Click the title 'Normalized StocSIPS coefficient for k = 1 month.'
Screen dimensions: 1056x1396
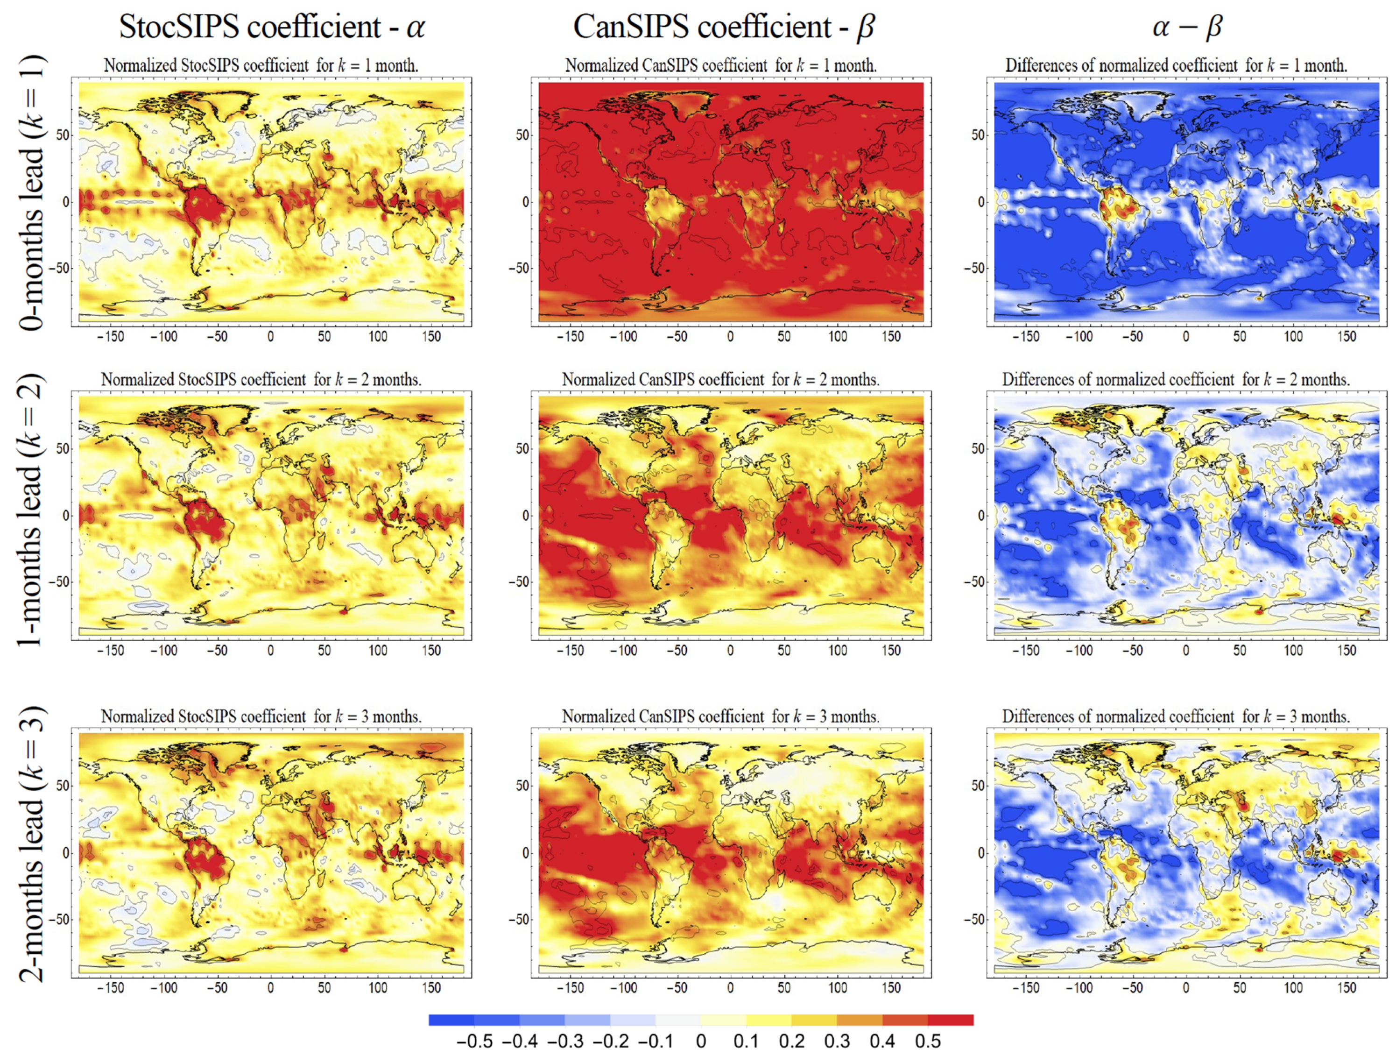pyautogui.click(x=261, y=65)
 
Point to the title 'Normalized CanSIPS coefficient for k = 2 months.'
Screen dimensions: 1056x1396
pyautogui.click(x=720, y=379)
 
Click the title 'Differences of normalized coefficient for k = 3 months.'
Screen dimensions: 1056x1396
pyautogui.click(x=1176, y=716)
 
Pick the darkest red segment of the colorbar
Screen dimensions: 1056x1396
pyautogui.click(x=951, y=1020)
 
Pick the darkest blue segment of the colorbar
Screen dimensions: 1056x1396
pyautogui.click(x=451, y=1020)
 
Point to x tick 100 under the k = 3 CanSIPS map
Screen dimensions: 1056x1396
pyautogui.click(x=838, y=988)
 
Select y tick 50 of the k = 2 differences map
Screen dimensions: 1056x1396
pyautogui.click(x=978, y=448)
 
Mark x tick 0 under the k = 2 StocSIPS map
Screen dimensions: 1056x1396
pyautogui.click(x=271, y=651)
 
